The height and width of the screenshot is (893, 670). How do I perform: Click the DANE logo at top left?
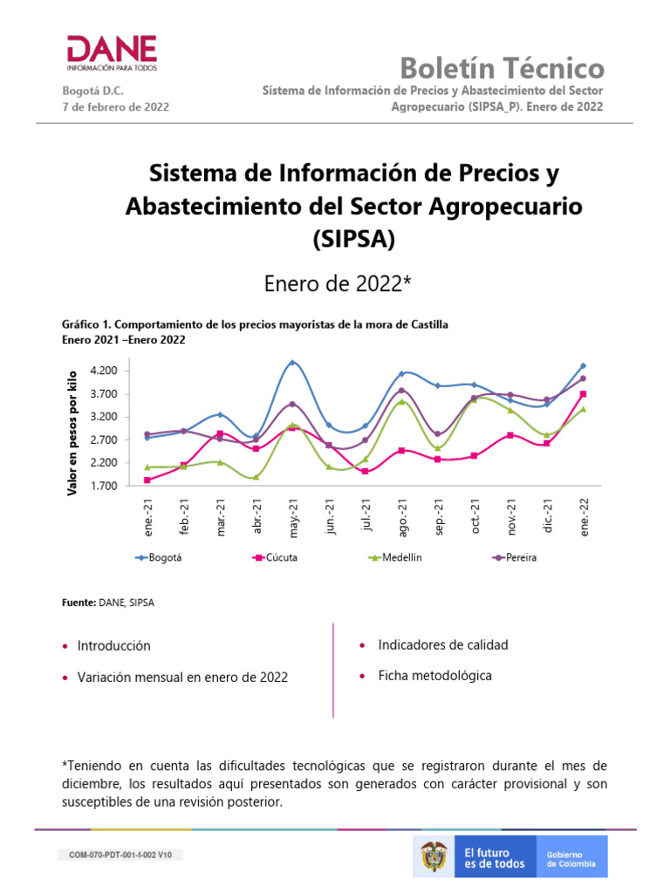pyautogui.click(x=112, y=53)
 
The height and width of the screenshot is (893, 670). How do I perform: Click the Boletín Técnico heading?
pyautogui.click(x=502, y=68)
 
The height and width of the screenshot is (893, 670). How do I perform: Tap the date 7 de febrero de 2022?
pyautogui.click(x=115, y=106)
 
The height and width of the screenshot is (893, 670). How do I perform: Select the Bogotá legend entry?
pyautogui.click(x=161, y=558)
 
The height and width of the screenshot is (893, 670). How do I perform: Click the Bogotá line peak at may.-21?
pyautogui.click(x=292, y=362)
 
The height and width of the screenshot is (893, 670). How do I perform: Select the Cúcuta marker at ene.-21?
pyautogui.click(x=147, y=480)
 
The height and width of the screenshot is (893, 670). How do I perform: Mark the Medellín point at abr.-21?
pyautogui.click(x=256, y=477)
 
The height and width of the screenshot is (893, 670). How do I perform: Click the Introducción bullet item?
pyautogui.click(x=113, y=646)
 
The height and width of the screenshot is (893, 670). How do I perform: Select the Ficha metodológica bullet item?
pyautogui.click(x=434, y=676)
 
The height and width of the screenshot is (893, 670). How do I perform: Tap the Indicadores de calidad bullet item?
pyautogui.click(x=442, y=645)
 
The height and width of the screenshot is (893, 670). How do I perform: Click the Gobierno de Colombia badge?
pyautogui.click(x=571, y=858)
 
